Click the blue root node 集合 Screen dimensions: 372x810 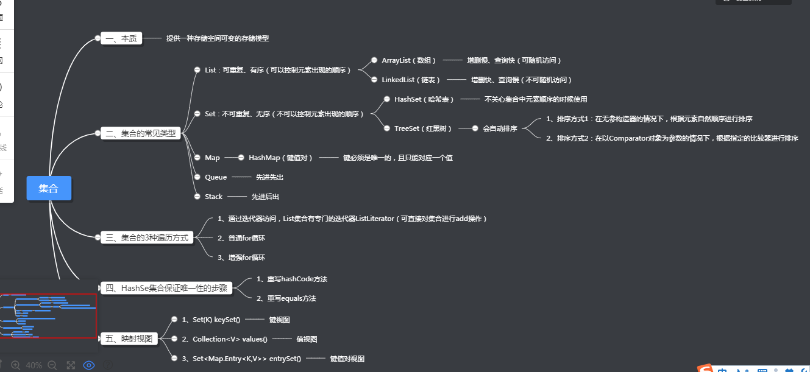[49, 188]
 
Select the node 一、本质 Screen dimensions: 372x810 [121, 38]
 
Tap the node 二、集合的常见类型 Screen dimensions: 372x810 [141, 133]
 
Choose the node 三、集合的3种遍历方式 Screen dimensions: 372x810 [147, 237]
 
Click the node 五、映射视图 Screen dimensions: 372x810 [130, 339]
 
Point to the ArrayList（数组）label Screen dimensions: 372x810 [409, 60]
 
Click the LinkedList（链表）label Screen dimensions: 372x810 [411, 80]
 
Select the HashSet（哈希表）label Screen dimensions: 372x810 [424, 99]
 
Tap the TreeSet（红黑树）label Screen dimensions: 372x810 [424, 128]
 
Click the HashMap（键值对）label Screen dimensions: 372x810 [280, 158]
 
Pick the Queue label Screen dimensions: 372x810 [216, 177]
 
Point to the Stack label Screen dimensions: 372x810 [214, 197]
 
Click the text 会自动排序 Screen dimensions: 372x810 [500, 128]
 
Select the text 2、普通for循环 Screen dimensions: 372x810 [241, 238]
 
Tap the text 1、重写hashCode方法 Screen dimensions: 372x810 [292, 279]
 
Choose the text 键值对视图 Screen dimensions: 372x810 [347, 359]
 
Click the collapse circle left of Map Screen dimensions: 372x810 [197, 158]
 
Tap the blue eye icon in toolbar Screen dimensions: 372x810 [89, 365]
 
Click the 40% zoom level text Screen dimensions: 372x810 [34, 365]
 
